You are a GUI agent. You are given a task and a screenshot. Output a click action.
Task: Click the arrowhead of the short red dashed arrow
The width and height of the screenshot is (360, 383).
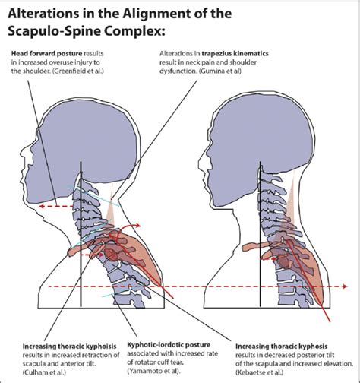click(42, 206)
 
